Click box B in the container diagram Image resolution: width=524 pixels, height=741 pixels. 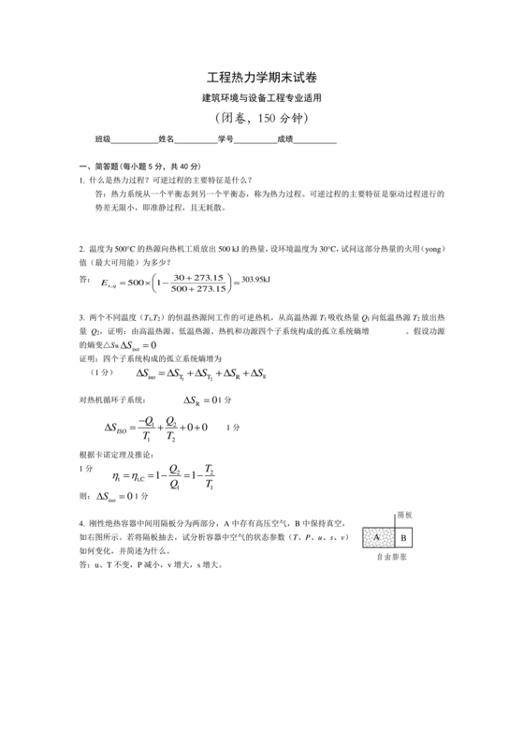click(403, 538)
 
